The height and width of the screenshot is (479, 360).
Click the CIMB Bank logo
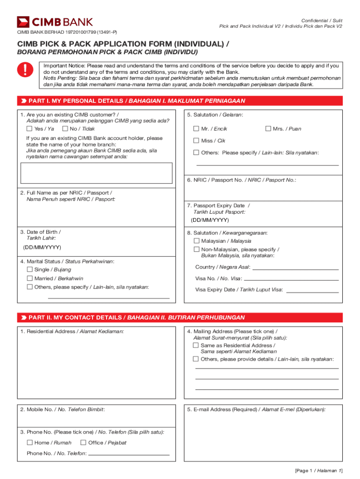coord(55,22)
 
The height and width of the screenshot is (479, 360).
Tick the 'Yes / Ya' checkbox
coord(29,129)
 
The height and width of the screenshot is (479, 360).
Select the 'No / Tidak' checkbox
coord(65,129)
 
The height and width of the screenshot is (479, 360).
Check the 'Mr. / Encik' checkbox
coord(196,129)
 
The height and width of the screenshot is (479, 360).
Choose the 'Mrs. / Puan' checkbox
coord(268,129)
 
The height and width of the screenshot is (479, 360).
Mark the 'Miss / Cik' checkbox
coord(196,141)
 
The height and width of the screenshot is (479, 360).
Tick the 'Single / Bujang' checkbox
coord(29,270)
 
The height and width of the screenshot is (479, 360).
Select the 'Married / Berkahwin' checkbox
coord(29,278)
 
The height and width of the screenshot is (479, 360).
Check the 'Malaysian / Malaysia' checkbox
coord(196,241)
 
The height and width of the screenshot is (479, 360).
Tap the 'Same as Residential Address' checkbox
coord(196,345)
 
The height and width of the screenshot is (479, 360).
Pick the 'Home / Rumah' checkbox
coord(29,443)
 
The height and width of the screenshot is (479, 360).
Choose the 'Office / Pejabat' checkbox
coord(83,443)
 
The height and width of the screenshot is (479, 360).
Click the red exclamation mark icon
coord(23,71)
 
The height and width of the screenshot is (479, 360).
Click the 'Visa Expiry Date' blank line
coord(312,292)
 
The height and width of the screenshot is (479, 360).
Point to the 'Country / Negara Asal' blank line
coord(295,269)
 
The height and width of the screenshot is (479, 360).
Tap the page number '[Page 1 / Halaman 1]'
coord(319,471)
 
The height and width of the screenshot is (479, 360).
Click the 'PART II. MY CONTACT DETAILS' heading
coord(136,318)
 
